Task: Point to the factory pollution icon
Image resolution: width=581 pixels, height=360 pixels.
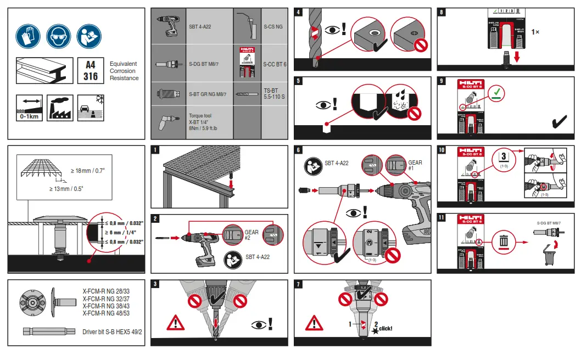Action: [x=60, y=108]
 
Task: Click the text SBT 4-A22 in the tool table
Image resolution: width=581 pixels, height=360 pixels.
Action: [x=200, y=26]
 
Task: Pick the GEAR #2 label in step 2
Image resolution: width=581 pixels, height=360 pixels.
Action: [x=251, y=235]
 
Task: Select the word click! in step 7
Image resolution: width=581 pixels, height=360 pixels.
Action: [x=385, y=329]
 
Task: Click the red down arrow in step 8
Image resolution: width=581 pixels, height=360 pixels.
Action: [x=517, y=57]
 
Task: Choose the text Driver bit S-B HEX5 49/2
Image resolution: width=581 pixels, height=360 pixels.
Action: [x=112, y=332]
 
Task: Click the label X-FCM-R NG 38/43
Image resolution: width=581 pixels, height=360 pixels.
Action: [x=106, y=306]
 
